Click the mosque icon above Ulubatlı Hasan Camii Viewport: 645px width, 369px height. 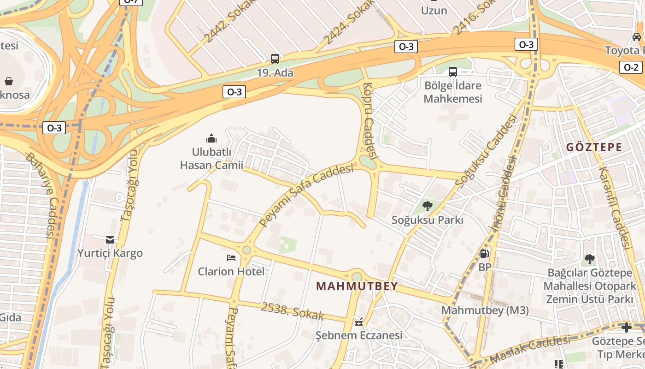pyautogui.click(x=211, y=138)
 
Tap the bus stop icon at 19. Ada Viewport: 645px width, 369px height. pyautogui.click(x=275, y=59)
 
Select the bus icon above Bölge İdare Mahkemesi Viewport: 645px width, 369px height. pyautogui.click(x=453, y=72)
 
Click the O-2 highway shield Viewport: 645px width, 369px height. pyautogui.click(x=631, y=67)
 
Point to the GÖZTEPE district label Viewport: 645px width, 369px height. pyautogui.click(x=594, y=148)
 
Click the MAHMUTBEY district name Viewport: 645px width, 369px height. pyautogui.click(x=357, y=286)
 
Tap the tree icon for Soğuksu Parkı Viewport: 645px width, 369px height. pyautogui.click(x=427, y=206)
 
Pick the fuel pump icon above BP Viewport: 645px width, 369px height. pyautogui.click(x=484, y=253)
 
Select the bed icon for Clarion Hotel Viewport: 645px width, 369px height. pyautogui.click(x=231, y=257)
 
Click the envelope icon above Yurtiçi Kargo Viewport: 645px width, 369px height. pyautogui.click(x=110, y=239)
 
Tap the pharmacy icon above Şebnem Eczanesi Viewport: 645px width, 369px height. pyautogui.click(x=359, y=321)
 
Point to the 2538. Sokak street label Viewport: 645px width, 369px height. pyautogui.click(x=293, y=311)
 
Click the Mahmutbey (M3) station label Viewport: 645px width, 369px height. pyautogui.click(x=485, y=310)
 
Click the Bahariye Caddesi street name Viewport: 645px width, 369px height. pyautogui.click(x=41, y=196)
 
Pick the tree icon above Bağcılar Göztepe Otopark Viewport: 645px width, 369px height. pyautogui.click(x=589, y=259)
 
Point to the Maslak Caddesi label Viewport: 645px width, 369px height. pyautogui.click(x=530, y=350)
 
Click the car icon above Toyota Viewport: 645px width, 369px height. pyautogui.click(x=637, y=37)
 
